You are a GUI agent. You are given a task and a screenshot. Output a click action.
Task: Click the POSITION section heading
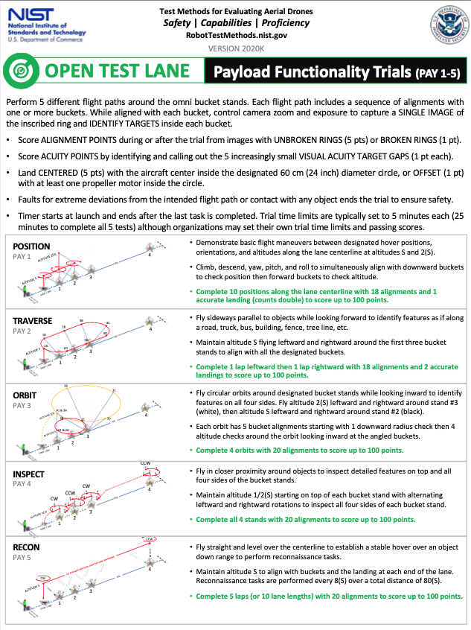pos(31,246)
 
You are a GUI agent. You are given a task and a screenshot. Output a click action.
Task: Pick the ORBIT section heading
pos(25,394)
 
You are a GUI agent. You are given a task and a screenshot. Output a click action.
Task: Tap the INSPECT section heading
pos(30,474)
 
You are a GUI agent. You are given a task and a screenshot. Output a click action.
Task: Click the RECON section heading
pos(27,547)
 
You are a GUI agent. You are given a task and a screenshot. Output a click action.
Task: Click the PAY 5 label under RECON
pos(22,557)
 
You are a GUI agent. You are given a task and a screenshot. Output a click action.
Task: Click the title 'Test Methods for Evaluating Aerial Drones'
pos(236,11)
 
